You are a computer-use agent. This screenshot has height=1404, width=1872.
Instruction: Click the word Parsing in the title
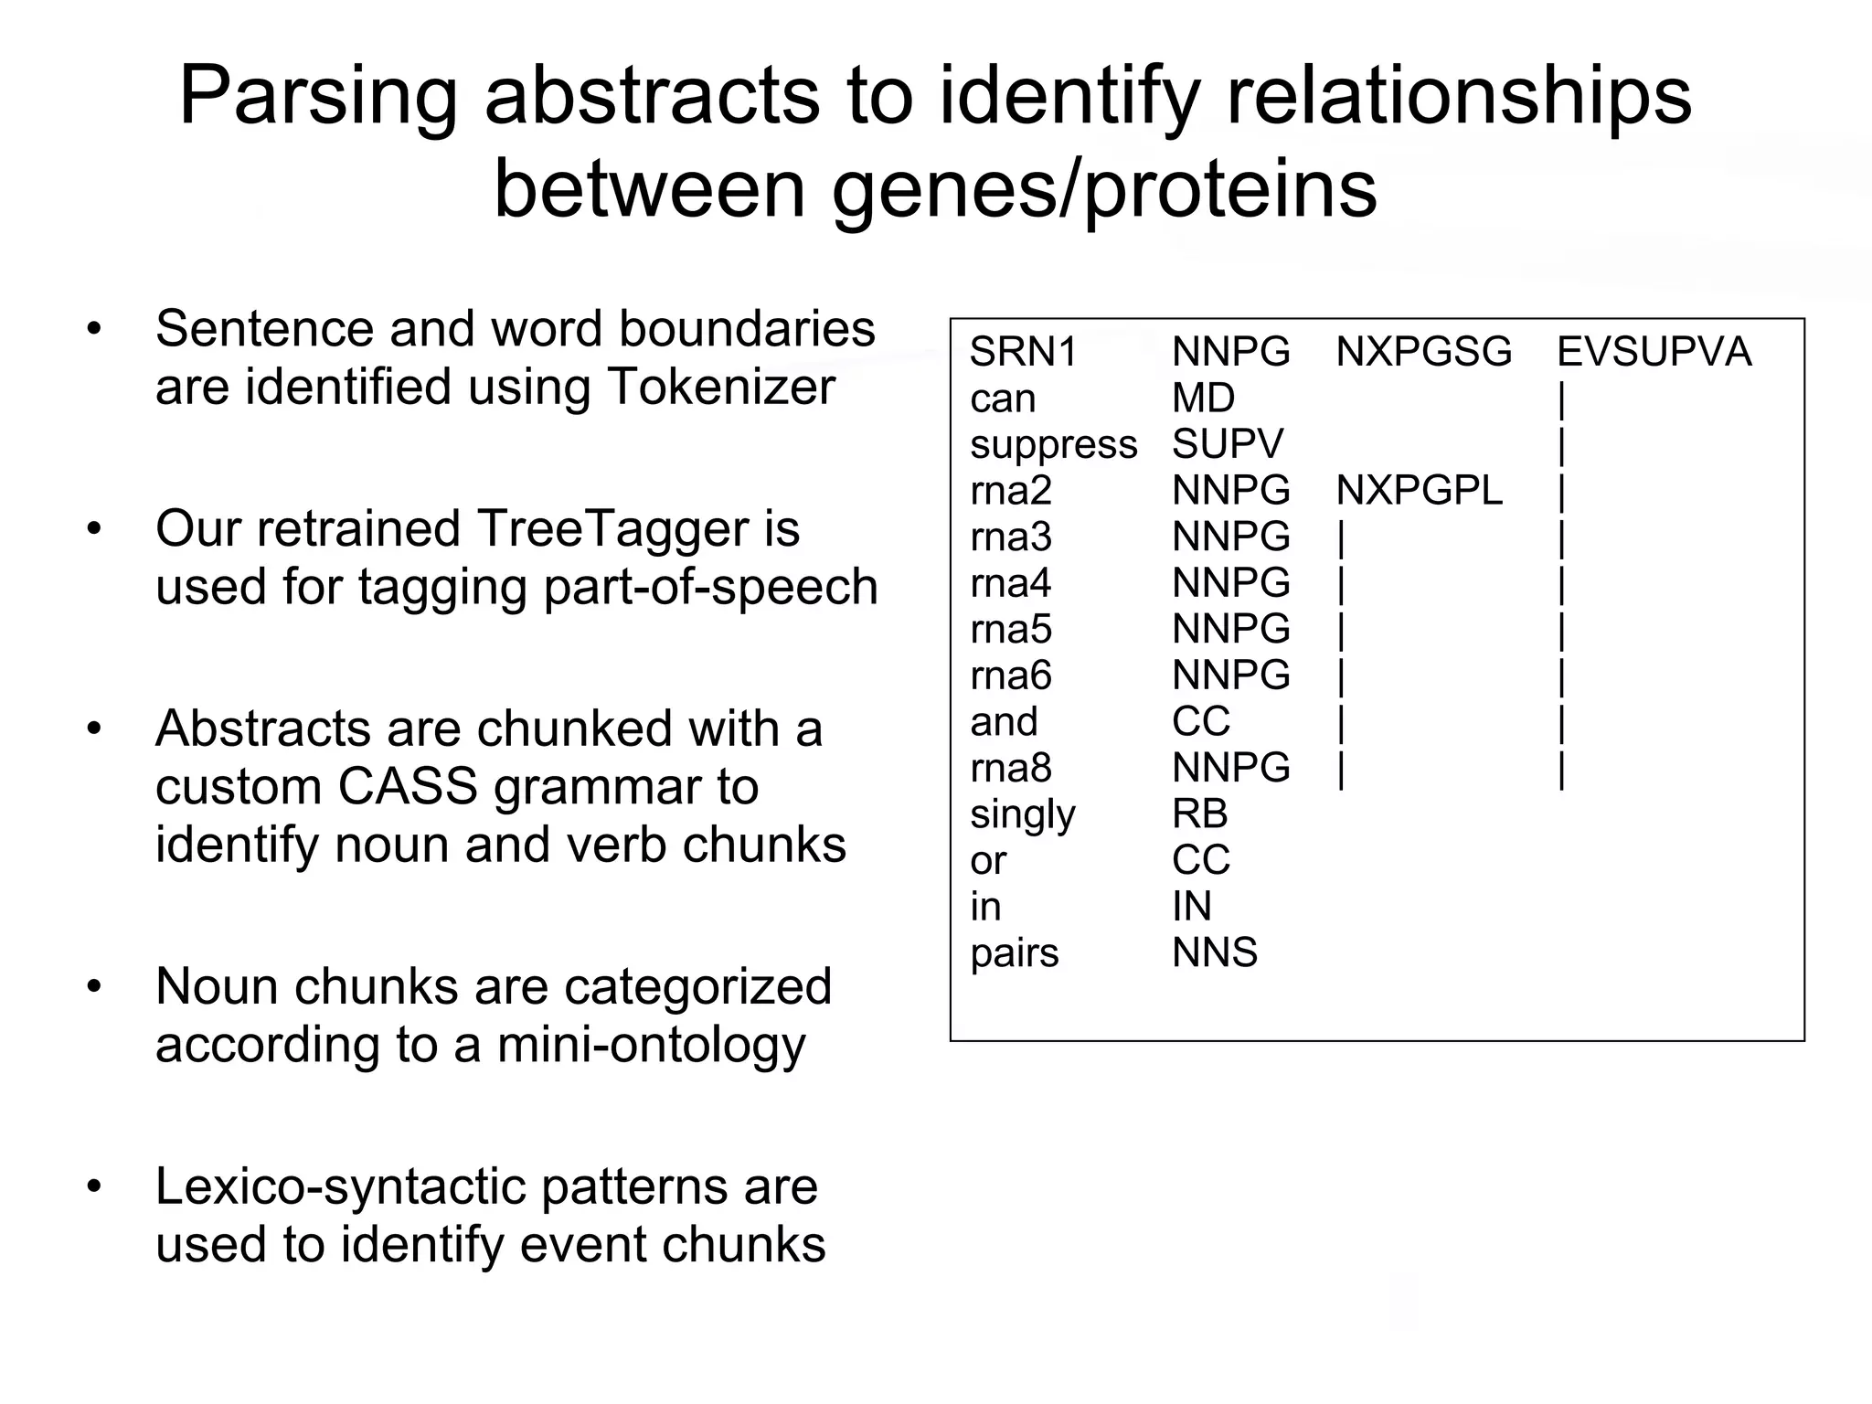pos(318,97)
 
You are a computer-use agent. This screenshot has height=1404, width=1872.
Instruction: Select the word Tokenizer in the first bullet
pos(721,387)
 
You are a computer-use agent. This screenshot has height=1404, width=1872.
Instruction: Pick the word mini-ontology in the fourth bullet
pos(651,1044)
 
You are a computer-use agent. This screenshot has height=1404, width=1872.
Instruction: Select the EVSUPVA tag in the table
pos(1654,352)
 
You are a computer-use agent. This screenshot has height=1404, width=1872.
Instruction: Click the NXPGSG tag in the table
pos(1423,352)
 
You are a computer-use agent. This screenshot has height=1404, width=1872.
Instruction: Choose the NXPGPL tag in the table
pos(1419,491)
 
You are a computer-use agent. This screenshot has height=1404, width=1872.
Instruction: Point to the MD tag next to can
pos(1203,399)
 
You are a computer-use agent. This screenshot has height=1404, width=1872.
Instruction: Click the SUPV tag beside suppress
pos(1228,444)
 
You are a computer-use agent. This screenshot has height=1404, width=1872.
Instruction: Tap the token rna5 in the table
pos(1011,630)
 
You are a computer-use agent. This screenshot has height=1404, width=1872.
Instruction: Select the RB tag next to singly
pos(1199,814)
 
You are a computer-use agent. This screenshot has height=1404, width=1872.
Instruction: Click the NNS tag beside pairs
pos(1215,953)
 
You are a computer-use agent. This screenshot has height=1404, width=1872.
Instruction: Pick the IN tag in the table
pos(1191,907)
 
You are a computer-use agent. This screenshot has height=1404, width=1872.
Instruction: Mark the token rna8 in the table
pos(1011,768)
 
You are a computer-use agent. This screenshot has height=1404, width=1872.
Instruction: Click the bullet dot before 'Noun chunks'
pos(93,986)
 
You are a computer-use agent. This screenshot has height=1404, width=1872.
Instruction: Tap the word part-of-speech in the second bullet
pos(709,587)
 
